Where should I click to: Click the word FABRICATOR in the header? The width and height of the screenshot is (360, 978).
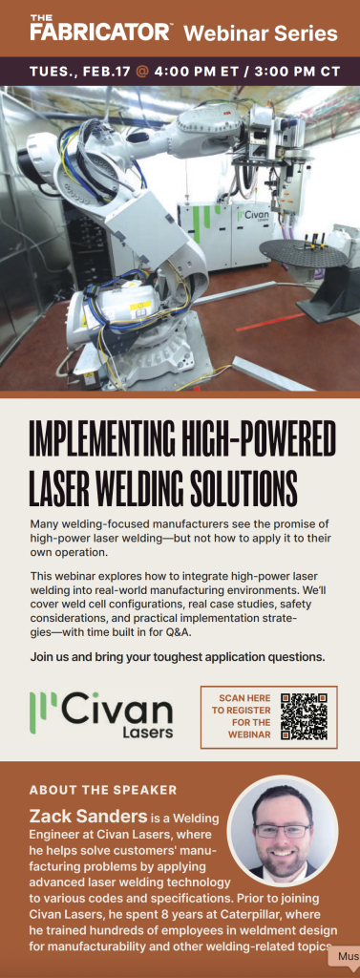[x=98, y=32]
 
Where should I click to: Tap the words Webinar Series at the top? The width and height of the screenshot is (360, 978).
[x=260, y=32]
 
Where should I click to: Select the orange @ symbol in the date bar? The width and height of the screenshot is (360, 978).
[x=141, y=71]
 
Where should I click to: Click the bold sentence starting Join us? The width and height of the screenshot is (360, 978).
[x=178, y=657]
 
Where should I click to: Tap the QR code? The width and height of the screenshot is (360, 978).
[x=304, y=716]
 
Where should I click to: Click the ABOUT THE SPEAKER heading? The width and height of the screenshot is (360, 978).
[x=103, y=790]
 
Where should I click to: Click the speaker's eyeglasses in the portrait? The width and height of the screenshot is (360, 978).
[x=283, y=832]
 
